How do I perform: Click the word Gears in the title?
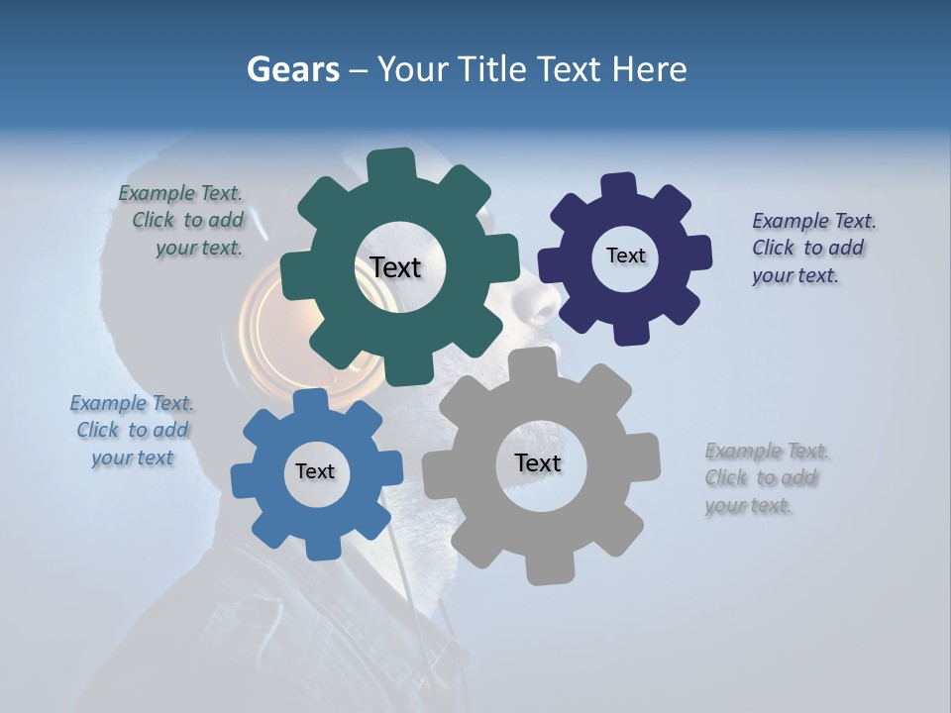(x=293, y=69)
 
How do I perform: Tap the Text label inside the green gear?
(x=395, y=267)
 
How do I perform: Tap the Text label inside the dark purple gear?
(x=625, y=255)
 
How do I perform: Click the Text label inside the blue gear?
(x=315, y=471)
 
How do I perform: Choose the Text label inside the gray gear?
(x=537, y=462)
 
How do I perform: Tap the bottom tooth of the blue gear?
(x=321, y=547)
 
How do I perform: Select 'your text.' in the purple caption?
(x=794, y=276)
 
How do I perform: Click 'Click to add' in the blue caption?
(x=133, y=431)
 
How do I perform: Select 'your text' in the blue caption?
(x=133, y=458)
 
